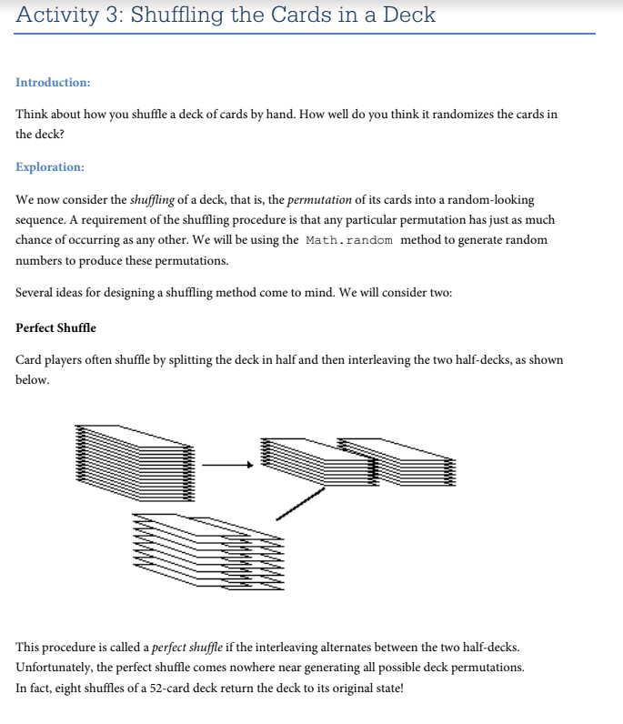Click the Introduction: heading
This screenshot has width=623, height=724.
click(53, 83)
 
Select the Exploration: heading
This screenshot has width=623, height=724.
click(50, 167)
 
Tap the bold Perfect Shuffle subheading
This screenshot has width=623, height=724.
click(55, 327)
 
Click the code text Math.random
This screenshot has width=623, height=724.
click(348, 240)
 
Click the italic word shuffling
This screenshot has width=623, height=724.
click(152, 199)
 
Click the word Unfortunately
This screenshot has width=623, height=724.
click(55, 668)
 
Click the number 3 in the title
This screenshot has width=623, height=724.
click(113, 15)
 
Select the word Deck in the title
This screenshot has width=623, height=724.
click(409, 15)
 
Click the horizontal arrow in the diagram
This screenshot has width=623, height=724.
click(226, 466)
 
